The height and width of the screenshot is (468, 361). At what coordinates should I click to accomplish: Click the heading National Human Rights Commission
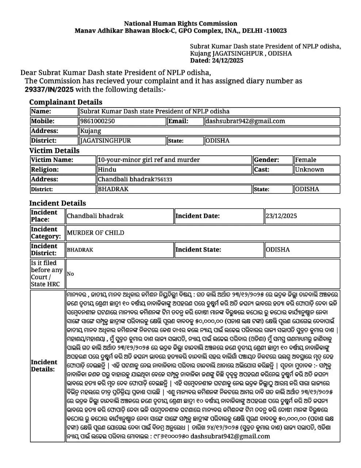click(x=180, y=23)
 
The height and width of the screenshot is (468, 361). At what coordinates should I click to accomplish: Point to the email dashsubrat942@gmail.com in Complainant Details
click(x=245, y=121)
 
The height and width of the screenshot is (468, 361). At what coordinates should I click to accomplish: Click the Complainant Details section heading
click(x=66, y=102)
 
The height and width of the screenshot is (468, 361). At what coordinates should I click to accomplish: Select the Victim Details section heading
click(x=54, y=151)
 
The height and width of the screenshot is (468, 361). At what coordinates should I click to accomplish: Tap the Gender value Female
click(x=306, y=160)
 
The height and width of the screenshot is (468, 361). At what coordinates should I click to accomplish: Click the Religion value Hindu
click(x=107, y=170)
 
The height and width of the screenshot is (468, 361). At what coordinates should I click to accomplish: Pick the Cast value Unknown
click(x=309, y=170)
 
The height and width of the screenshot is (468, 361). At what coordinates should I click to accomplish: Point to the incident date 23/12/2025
click(x=281, y=216)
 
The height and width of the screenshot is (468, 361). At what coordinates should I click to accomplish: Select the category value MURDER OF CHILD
click(x=95, y=233)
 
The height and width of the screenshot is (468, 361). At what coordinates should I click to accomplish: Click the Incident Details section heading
click(x=57, y=203)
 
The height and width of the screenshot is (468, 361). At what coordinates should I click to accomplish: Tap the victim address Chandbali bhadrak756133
click(x=135, y=180)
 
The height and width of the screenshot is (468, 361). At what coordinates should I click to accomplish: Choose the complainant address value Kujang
click(x=91, y=131)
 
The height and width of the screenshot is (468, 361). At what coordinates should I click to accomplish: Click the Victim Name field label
click(x=52, y=160)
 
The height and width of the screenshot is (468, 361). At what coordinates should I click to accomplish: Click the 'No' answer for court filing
click(x=70, y=274)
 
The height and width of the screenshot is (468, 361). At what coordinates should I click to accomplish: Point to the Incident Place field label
click(x=44, y=216)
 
